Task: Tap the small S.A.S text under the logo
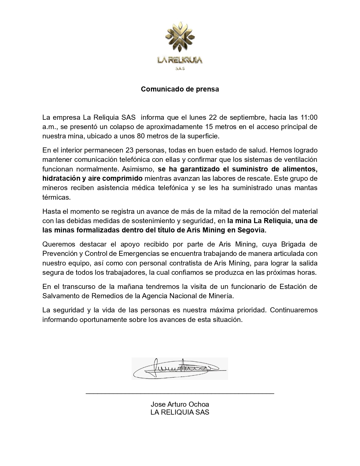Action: (x=180, y=69)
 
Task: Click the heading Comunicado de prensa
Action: (x=180, y=89)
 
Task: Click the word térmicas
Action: (x=56, y=197)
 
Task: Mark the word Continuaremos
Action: (x=294, y=310)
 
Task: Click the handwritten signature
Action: (x=180, y=369)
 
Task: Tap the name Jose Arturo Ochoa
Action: (x=180, y=404)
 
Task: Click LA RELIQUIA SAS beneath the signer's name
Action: (x=180, y=412)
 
